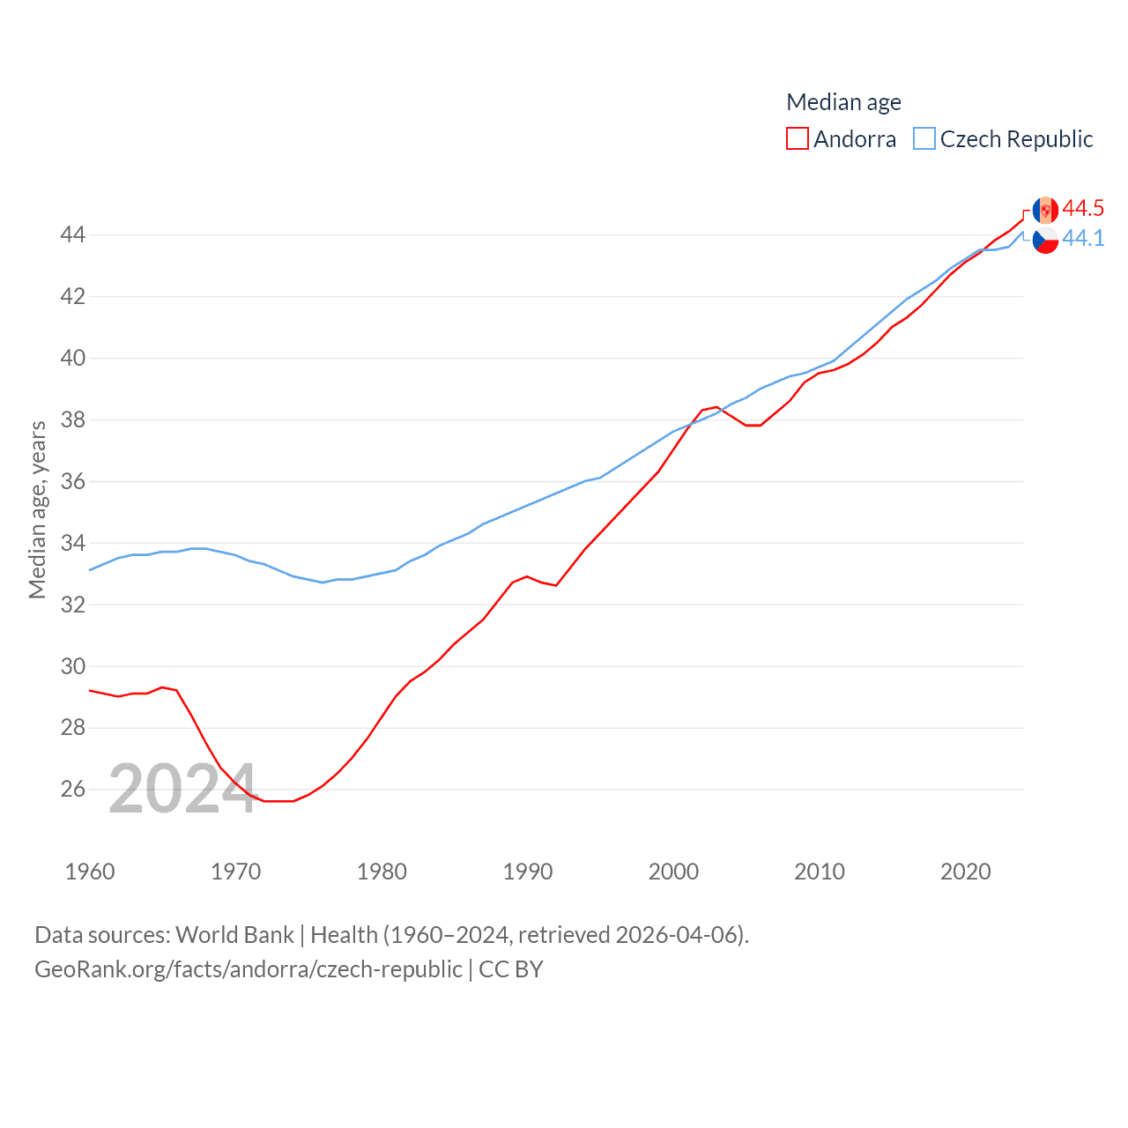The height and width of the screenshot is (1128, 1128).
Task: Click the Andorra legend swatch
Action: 797,139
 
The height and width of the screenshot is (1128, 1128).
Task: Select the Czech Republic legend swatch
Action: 924,139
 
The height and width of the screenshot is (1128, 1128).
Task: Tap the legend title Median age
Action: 843,102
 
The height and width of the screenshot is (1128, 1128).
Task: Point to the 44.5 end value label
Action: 1083,208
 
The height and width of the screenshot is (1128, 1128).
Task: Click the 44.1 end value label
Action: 1083,238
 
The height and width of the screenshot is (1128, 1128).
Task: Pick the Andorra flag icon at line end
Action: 1045,210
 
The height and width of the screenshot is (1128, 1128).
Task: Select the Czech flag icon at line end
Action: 1045,240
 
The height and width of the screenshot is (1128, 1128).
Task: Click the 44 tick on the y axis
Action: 72,234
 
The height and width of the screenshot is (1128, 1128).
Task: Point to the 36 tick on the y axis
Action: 72,481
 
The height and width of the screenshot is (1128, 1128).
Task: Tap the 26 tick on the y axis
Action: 72,790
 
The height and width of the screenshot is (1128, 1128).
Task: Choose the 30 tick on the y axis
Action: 72,666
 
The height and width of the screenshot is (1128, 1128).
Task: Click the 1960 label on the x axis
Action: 90,872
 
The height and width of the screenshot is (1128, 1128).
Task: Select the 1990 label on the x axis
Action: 527,872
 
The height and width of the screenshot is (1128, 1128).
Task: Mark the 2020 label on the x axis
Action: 965,872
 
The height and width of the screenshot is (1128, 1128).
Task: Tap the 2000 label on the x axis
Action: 673,872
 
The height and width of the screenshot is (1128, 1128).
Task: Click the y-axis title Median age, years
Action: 37,509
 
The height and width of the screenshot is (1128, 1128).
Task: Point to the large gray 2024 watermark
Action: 182,789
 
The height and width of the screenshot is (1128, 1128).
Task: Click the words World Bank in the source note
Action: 234,934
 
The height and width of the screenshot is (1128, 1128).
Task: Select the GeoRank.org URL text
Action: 248,969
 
